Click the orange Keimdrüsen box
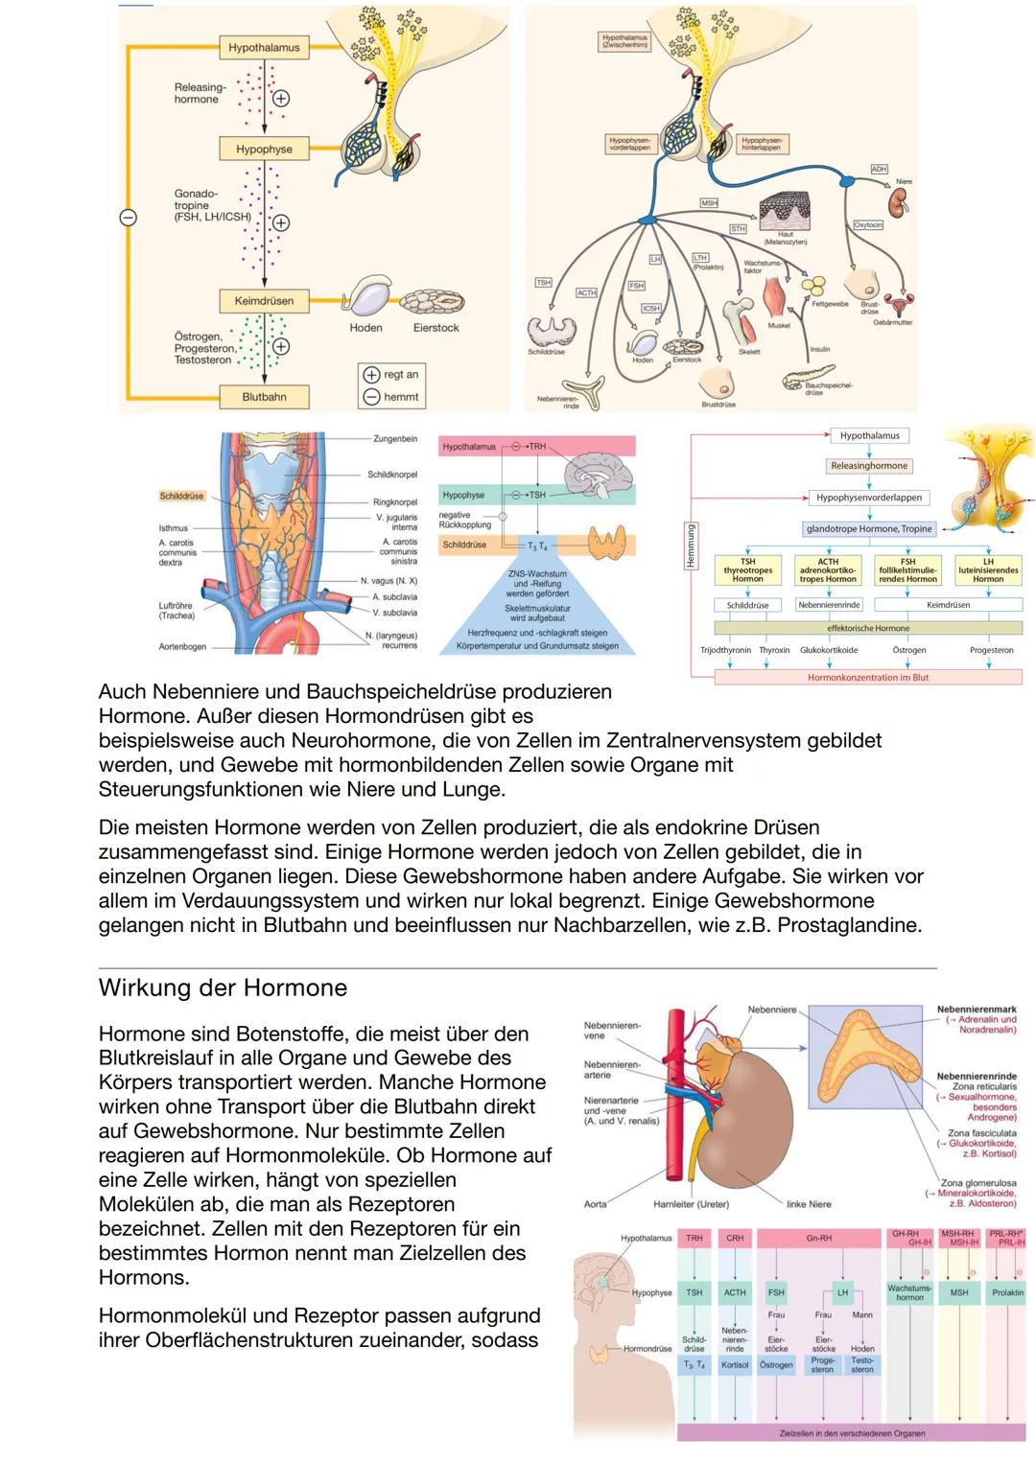click(x=264, y=301)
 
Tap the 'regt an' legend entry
click(x=390, y=375)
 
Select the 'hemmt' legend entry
click(x=390, y=397)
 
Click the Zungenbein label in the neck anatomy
click(x=395, y=439)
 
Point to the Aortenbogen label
click(x=182, y=647)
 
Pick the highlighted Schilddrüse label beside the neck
click(x=181, y=497)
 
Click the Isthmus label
click(x=174, y=528)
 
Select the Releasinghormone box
click(x=869, y=466)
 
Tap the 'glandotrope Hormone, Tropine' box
click(x=869, y=528)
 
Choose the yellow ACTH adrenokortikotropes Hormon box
click(x=828, y=570)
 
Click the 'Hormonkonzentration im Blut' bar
click(x=868, y=678)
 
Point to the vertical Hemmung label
click(x=690, y=546)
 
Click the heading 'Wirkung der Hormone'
click(x=223, y=988)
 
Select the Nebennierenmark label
click(x=977, y=1010)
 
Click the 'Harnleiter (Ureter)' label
click(x=691, y=1204)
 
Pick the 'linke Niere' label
click(x=809, y=1204)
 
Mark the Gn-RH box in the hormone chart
click(x=818, y=1239)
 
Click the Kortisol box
click(x=735, y=1364)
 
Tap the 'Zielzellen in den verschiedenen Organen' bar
click(x=852, y=1433)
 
